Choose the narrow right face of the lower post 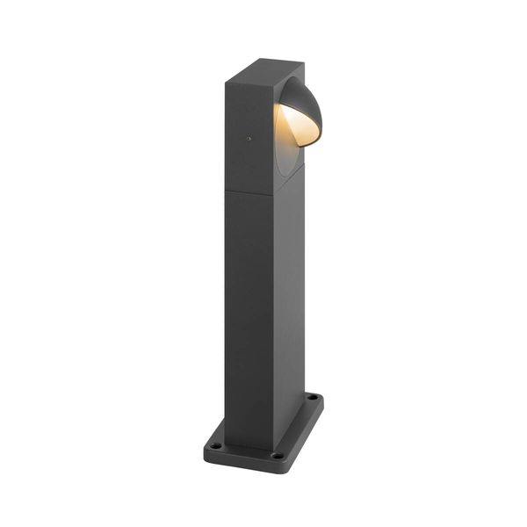(x=291, y=299)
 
